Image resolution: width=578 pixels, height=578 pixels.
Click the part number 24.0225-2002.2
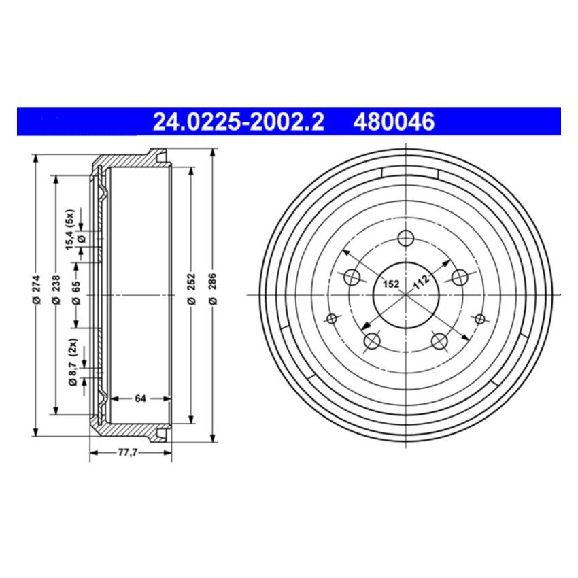coord(238,122)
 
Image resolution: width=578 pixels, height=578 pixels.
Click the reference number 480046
coord(393,122)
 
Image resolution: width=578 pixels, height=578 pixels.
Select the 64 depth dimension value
coord(141,398)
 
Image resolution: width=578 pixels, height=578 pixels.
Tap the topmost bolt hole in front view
coord(406,238)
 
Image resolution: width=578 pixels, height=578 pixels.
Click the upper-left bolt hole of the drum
coord(352,277)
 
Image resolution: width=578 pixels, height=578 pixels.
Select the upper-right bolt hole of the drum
coord(460,277)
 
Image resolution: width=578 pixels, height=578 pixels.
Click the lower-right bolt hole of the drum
coord(439,341)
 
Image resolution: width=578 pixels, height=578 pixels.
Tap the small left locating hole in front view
coord(333,319)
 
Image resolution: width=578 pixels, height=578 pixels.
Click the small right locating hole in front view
coord(479,319)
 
